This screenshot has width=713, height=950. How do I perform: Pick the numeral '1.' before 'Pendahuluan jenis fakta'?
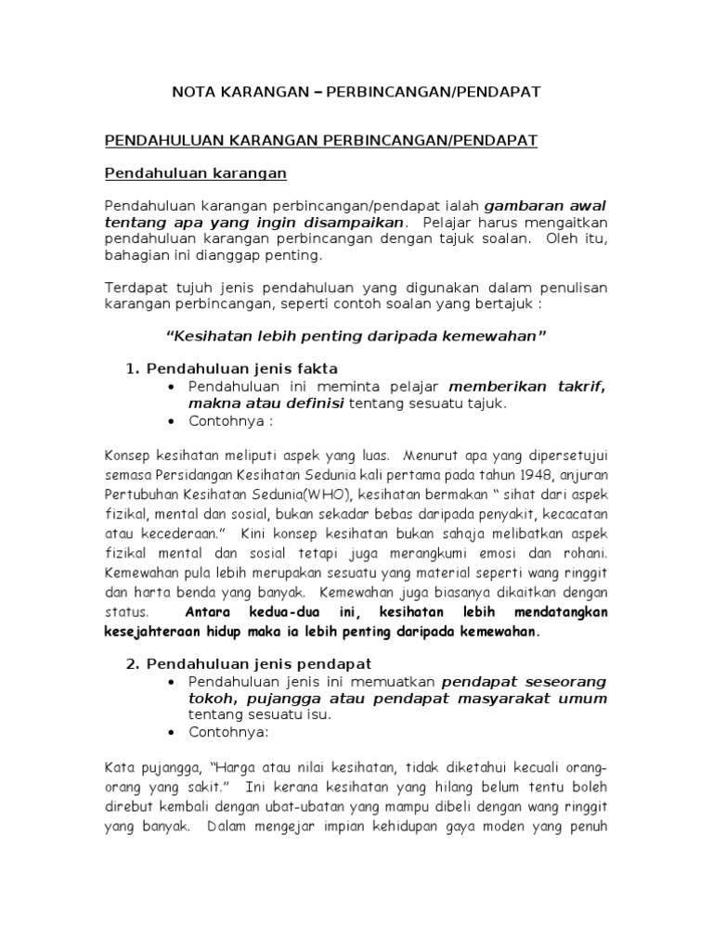click(x=132, y=368)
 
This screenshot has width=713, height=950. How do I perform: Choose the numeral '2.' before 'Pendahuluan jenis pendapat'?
click(x=132, y=663)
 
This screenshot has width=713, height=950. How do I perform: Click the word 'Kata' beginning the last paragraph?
click(x=121, y=769)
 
